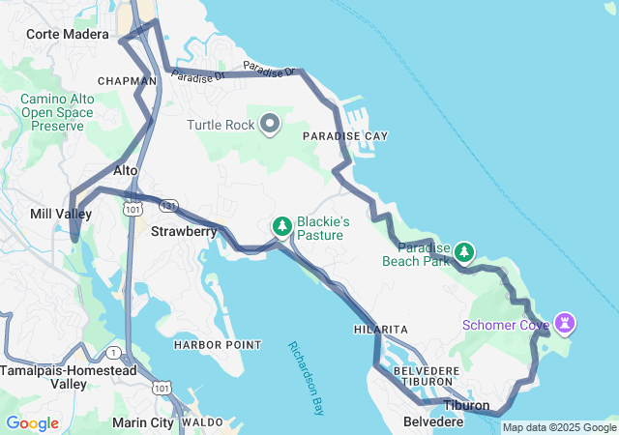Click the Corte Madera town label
(68, 34)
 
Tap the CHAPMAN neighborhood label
(127, 80)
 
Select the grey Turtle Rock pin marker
(270, 124)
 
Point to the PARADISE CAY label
(344, 136)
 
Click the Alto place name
(127, 170)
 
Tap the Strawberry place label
(183, 232)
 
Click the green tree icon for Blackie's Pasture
(281, 226)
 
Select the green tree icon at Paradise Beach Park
(464, 252)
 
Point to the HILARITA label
(380, 330)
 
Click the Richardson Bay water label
(306, 378)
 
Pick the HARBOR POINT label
(217, 345)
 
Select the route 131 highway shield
(169, 207)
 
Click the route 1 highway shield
(115, 352)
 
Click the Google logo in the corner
(32, 423)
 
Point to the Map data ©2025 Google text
(559, 427)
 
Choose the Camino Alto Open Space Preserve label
(57, 112)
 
